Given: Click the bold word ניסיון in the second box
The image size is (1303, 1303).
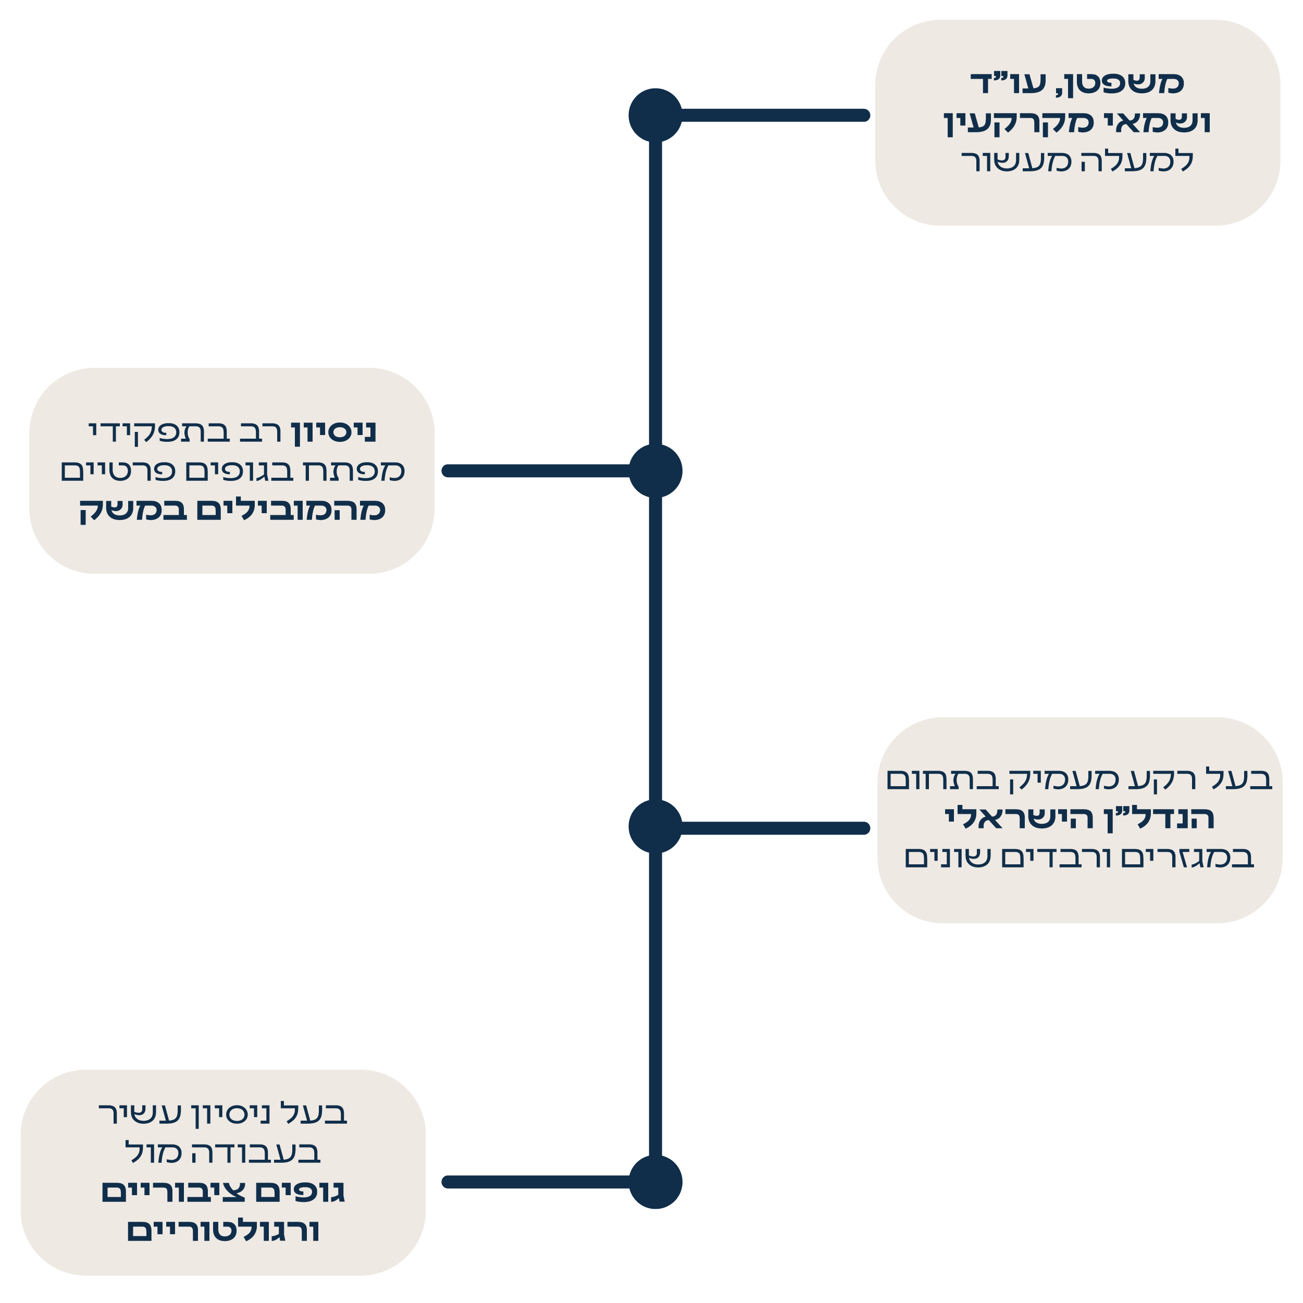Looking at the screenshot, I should point(334,431).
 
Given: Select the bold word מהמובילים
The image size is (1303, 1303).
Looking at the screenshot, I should point(291,510).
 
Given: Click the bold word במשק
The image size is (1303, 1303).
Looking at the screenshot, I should point(123,510).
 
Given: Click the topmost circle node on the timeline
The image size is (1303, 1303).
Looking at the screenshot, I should point(655,115).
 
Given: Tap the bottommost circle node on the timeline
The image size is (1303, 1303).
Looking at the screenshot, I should point(655,1182).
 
